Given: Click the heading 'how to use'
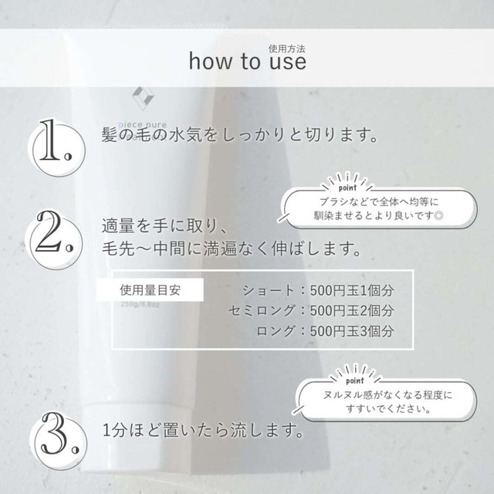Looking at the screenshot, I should click(x=247, y=62).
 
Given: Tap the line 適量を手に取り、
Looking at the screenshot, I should click(x=163, y=227).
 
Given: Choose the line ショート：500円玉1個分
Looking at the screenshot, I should click(x=318, y=292).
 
